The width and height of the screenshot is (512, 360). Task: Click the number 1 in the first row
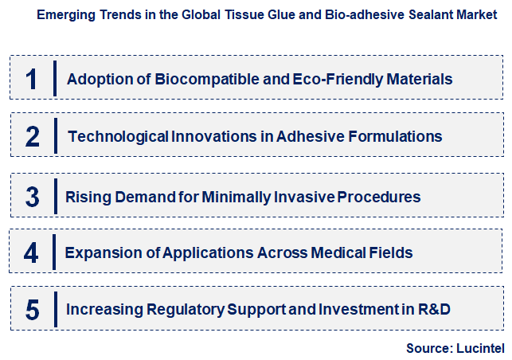pos(31,79)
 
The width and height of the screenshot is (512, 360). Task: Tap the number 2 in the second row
pos(32,137)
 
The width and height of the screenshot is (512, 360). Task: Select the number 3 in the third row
pos(32,197)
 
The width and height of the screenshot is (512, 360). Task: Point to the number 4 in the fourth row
pos(31,253)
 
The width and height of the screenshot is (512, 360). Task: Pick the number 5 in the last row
pos(32,310)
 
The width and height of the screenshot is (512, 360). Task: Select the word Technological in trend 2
pos(118,136)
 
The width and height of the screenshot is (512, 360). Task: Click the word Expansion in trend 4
pos(101,253)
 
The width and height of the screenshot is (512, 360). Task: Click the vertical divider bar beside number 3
pos(55,197)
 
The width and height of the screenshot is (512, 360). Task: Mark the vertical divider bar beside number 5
pos(56,310)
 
